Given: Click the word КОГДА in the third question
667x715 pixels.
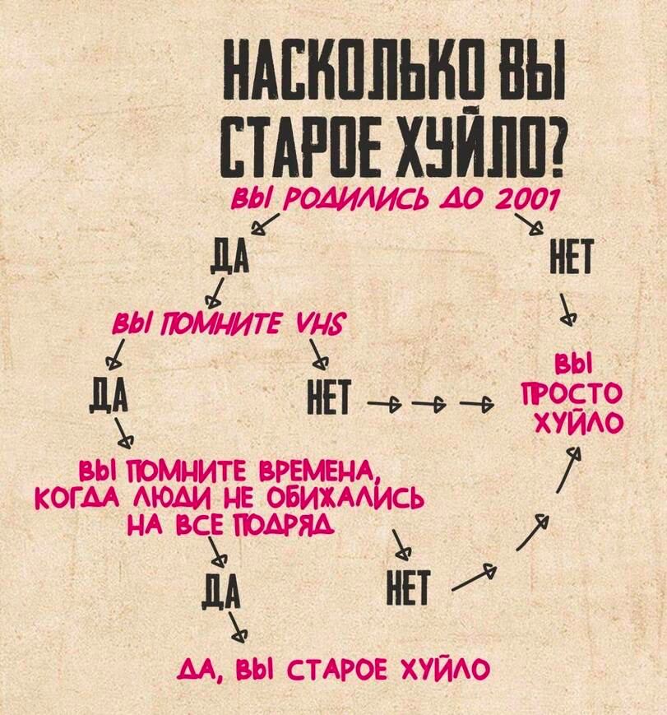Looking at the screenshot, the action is (x=77, y=501).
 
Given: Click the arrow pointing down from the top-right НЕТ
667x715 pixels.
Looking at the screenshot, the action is (x=566, y=310).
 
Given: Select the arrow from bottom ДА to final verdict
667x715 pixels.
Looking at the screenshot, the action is (x=238, y=627).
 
